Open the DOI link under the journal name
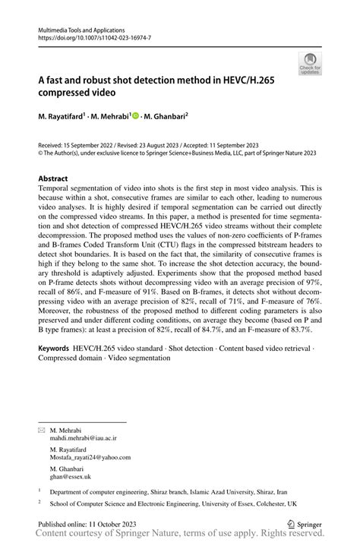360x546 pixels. (89, 36)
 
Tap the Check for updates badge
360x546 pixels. (310, 65)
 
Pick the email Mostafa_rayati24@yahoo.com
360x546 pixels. (91, 457)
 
